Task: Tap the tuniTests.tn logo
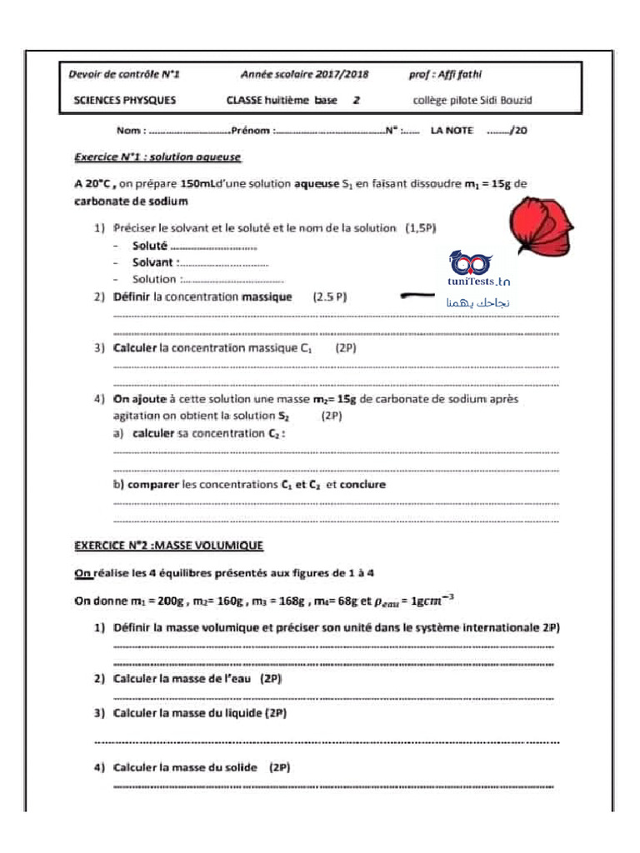tap(478, 271)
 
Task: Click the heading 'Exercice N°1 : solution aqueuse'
tap(157, 156)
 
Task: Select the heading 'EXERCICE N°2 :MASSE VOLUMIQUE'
tap(169, 546)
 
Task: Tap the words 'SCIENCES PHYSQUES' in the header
tap(124, 101)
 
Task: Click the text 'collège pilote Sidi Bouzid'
tap(472, 101)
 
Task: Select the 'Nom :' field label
tap(132, 130)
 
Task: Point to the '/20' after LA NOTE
tap(518, 130)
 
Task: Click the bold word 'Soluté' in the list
tap(150, 246)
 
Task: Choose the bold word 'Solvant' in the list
tap(152, 262)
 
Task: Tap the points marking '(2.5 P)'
tap(329, 297)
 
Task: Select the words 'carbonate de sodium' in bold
tap(126, 201)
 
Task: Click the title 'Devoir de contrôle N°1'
tap(124, 74)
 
